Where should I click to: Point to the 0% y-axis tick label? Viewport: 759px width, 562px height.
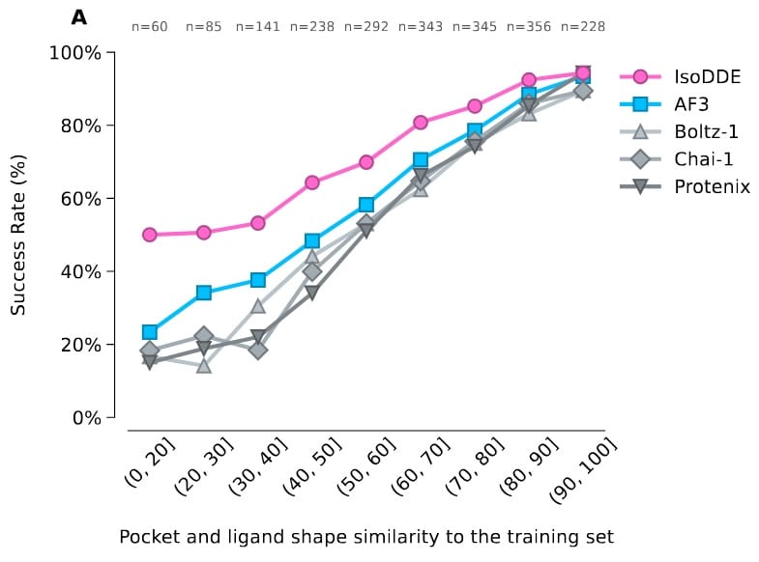(86, 418)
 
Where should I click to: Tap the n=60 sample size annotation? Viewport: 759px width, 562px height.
(150, 27)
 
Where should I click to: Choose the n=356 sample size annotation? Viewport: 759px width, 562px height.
(529, 27)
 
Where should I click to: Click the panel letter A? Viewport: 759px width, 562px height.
(79, 17)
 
